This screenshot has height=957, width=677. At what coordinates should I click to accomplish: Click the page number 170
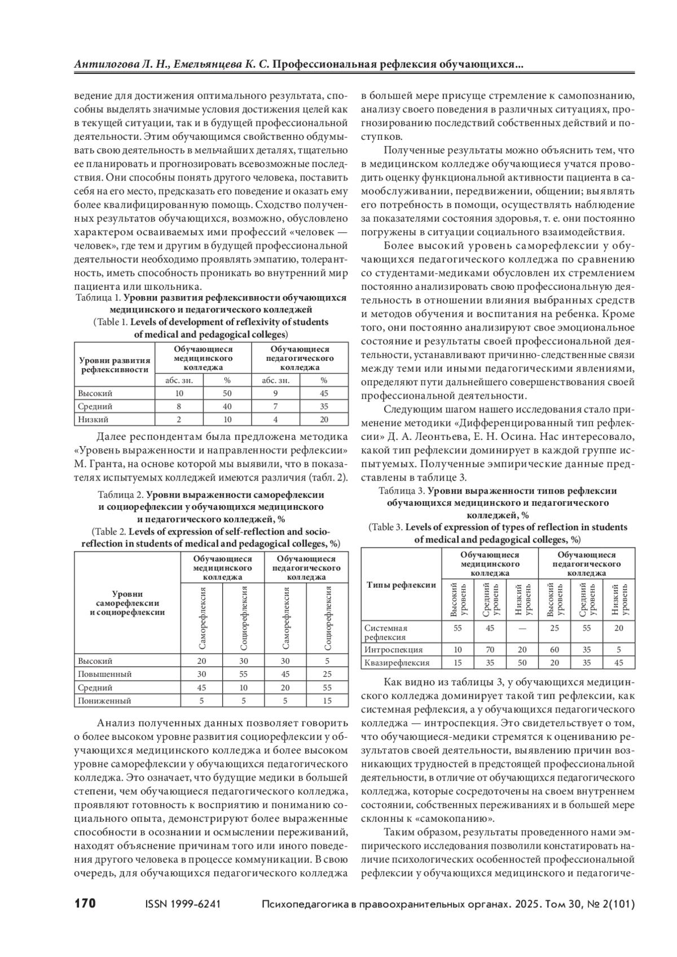point(85,903)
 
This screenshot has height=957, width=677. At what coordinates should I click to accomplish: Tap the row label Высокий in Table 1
point(95,393)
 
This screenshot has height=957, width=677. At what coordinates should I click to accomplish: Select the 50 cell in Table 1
point(227,393)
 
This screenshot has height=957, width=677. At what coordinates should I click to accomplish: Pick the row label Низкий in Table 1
point(94,419)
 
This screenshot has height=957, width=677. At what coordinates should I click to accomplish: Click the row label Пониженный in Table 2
point(105,701)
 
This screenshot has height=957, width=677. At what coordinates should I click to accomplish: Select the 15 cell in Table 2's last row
point(328,701)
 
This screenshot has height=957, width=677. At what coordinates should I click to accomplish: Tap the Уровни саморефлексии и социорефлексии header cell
point(128,602)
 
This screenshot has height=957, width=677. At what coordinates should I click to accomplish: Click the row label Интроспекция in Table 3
point(393,650)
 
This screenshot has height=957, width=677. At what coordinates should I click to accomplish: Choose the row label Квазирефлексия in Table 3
point(397,663)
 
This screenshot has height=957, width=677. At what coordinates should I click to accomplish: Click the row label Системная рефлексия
point(386,632)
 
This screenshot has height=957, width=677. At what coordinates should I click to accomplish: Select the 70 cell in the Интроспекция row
point(490,650)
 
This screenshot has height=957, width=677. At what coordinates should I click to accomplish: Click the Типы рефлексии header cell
point(401,585)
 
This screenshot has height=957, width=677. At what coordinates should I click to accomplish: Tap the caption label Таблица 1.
point(99,297)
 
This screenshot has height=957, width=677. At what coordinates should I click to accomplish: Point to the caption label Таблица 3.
point(401,491)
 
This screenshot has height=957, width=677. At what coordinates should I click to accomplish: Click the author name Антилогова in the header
point(106,65)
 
